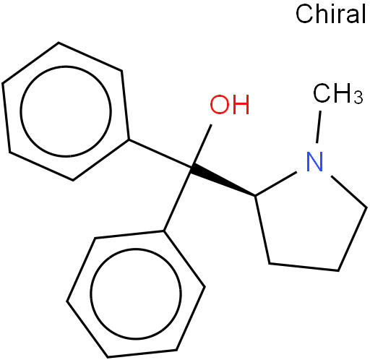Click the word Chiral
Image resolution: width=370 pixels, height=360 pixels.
click(x=330, y=14)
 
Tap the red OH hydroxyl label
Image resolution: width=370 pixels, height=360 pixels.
click(x=230, y=105)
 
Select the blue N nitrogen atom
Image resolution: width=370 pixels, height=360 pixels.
click(x=314, y=161)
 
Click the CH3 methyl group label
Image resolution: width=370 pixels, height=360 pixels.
click(x=337, y=93)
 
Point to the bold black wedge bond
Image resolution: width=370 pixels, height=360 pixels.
click(x=223, y=181)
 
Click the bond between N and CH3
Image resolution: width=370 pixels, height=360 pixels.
click(x=319, y=127)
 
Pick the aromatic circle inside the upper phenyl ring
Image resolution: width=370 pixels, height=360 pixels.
click(x=66, y=111)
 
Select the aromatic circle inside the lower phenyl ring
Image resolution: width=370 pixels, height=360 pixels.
click(x=136, y=294)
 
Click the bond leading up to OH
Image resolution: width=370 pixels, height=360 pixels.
click(x=202, y=146)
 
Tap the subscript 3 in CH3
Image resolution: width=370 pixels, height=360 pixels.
click(x=358, y=98)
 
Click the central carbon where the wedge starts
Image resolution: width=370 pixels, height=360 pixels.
click(x=191, y=168)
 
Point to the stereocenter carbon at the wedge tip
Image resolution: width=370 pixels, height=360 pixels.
click(x=255, y=195)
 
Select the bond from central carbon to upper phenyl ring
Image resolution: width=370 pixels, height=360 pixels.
click(x=160, y=153)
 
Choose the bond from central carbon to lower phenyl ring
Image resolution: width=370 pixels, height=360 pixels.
click(x=178, y=200)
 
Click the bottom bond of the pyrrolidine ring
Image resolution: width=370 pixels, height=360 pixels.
click(x=304, y=267)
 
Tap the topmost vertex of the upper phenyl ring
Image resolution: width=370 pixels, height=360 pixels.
click(x=59, y=43)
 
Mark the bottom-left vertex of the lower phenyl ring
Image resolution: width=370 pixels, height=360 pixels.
click(x=67, y=301)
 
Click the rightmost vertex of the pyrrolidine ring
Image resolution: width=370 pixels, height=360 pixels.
click(x=366, y=207)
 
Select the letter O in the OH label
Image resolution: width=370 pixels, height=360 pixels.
click(x=219, y=105)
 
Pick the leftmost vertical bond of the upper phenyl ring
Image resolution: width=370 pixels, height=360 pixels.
click(x=6, y=118)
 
